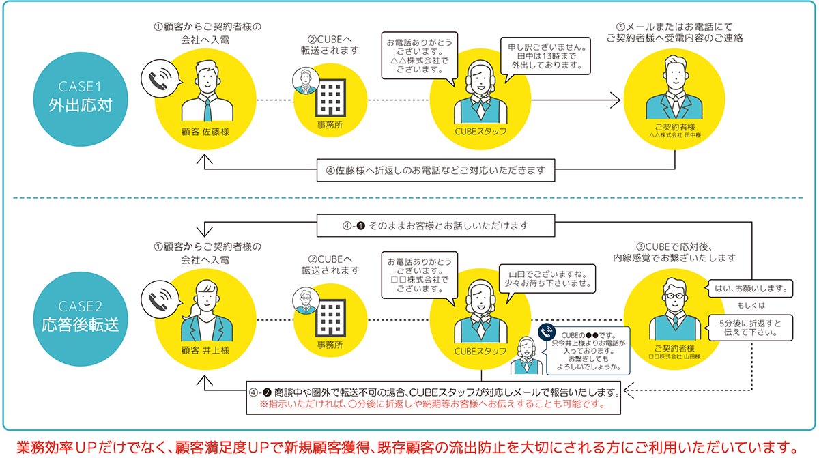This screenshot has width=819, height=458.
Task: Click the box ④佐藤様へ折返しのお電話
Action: pyautogui.click(x=435, y=169)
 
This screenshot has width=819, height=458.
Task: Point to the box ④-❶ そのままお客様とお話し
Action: pyautogui.click(x=435, y=225)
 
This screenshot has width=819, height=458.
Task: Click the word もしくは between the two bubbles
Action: pyautogui.click(x=749, y=305)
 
